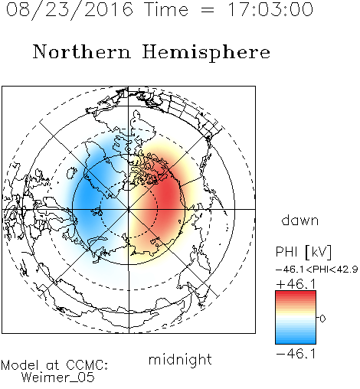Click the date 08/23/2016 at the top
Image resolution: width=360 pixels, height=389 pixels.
[69, 9]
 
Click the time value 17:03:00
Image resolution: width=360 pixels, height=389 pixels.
[270, 9]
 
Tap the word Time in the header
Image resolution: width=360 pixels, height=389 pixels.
[166, 9]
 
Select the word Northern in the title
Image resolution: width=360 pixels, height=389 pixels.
[82, 52]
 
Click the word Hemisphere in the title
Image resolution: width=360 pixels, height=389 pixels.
[206, 53]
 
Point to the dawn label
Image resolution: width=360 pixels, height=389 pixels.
[300, 220]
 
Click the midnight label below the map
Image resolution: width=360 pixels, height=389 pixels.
[180, 359]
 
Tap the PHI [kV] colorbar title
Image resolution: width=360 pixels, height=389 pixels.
[303, 252]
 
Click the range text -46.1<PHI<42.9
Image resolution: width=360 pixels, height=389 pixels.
[317, 270]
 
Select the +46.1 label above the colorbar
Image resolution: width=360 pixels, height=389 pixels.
[296, 284]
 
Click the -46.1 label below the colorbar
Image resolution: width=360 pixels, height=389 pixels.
[296, 354]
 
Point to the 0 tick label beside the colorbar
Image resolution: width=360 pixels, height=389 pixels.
[322, 319]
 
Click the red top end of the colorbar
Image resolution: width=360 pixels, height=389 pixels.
[296, 293]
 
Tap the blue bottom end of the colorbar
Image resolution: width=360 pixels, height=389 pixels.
[296, 342]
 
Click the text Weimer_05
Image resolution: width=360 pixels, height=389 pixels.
[58, 378]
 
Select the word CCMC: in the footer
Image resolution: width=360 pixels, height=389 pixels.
[87, 365]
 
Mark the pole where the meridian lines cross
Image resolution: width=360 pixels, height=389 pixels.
[129, 210]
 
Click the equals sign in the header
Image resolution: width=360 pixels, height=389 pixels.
[208, 10]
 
